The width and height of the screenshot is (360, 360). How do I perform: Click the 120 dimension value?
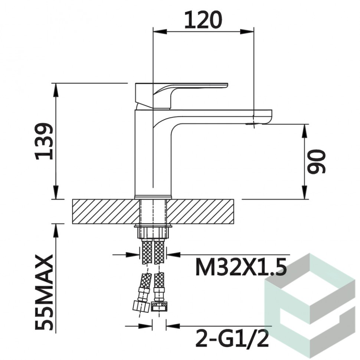tap(203, 20)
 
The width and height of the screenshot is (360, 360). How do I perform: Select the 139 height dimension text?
tap(44, 141)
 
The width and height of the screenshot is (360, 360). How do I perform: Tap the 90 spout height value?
tap(316, 161)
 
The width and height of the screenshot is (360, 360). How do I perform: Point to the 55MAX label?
tap(44, 292)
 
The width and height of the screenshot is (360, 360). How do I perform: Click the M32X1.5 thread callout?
tap(241, 267)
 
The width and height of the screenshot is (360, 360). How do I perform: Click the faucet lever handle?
tap(181, 95)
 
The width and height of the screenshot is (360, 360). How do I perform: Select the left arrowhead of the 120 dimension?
tap(160, 31)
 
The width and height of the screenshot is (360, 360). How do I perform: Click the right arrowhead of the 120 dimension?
tap(247, 31)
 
